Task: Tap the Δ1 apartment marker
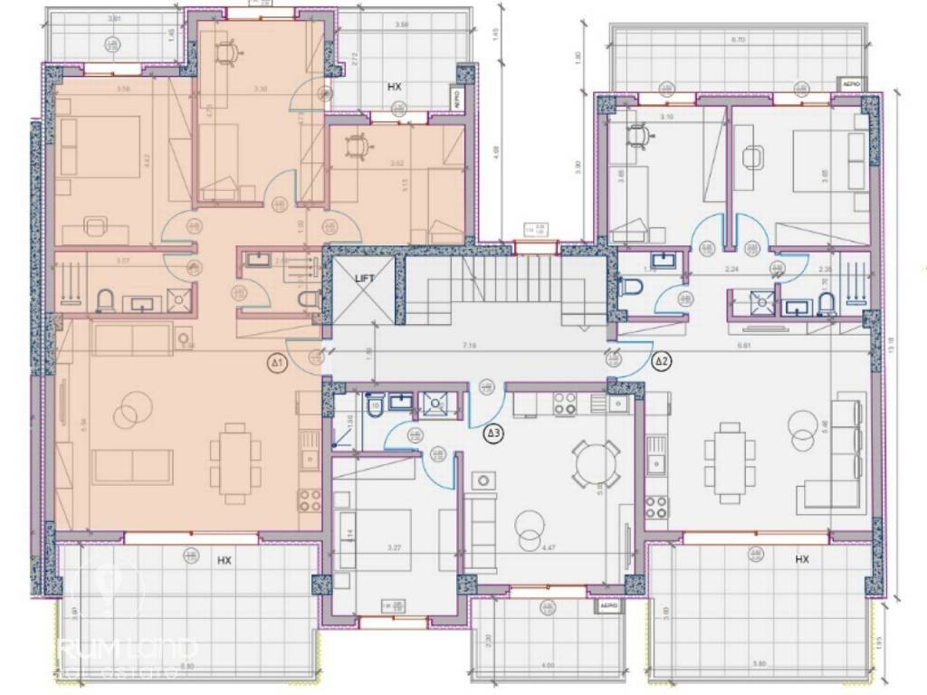[279, 364]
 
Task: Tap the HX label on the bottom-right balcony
[801, 560]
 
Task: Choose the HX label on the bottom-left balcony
[225, 561]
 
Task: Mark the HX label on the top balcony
[394, 88]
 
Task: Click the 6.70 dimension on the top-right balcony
[739, 41]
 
